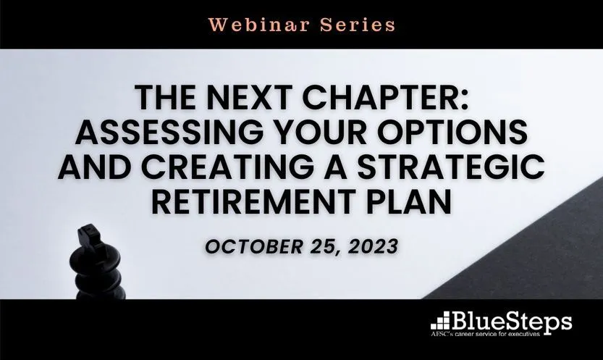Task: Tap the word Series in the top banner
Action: pos(358,25)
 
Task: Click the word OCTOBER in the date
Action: pos(254,246)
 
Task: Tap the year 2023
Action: pos(373,246)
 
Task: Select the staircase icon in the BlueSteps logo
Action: pos(441,321)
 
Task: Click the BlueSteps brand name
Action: pos(512,322)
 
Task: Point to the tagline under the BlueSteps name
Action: pos(485,334)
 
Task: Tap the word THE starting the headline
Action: pos(165,98)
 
